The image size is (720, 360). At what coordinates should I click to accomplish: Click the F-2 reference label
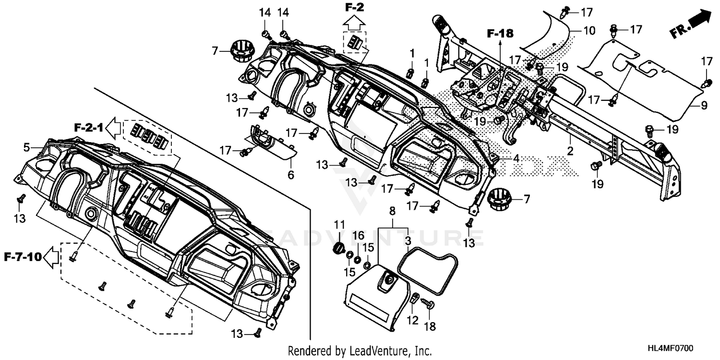click(x=355, y=7)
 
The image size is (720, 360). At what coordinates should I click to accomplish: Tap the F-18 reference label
click(x=500, y=34)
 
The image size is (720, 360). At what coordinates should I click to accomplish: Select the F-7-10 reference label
click(x=22, y=257)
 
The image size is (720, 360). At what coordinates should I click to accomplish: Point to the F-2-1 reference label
click(x=88, y=128)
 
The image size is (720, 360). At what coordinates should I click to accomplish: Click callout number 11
click(x=339, y=224)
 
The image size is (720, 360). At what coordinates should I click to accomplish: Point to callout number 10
click(x=589, y=31)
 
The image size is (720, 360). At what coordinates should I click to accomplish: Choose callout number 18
click(x=430, y=327)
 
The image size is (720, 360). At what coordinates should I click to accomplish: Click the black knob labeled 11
click(x=339, y=248)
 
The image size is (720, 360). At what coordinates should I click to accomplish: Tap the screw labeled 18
click(x=429, y=303)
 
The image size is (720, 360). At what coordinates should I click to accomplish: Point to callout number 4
click(x=515, y=157)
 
